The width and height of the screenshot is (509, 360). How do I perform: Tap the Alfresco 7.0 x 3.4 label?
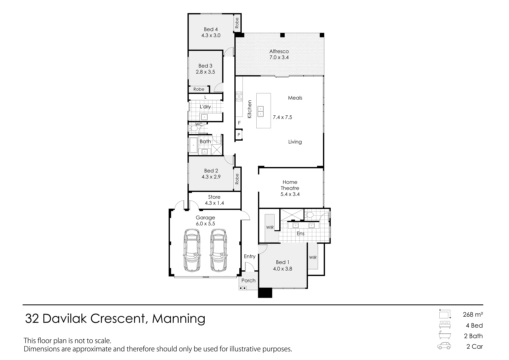coord(279,54)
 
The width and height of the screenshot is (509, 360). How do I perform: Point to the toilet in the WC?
coord(193,128)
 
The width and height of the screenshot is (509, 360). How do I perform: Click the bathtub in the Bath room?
coord(193,145)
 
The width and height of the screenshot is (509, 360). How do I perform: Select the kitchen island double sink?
coord(260,111)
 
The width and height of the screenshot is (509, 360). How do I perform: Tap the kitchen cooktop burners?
coord(239,96)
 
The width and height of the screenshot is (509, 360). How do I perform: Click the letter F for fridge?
coord(239,123)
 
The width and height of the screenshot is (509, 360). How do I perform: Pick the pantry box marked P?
coord(239,135)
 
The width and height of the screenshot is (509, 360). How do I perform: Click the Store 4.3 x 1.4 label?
coord(214,200)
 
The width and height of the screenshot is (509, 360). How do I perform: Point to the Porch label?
coord(248,281)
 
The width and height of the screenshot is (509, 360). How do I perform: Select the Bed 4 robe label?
coord(237,23)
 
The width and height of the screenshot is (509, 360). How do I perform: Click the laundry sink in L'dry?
coord(204,117)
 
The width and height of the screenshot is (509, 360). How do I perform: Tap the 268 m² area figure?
coord(473,314)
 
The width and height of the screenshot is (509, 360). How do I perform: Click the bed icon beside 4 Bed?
coord(445,325)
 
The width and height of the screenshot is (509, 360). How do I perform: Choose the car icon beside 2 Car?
coord(444,346)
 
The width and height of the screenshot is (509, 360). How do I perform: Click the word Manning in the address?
coord(179,319)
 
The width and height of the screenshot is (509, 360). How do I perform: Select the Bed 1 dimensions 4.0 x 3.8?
coord(282,269)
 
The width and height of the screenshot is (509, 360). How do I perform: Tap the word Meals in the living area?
coord(295,98)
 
